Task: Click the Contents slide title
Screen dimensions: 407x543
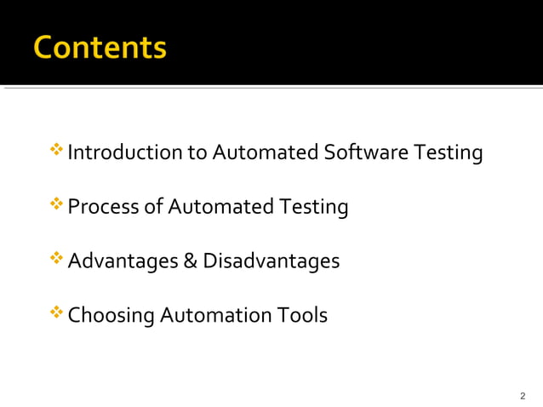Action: [100, 47]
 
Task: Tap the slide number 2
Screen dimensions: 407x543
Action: [523, 396]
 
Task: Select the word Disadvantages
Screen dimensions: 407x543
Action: [271, 261]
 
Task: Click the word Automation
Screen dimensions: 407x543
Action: [216, 315]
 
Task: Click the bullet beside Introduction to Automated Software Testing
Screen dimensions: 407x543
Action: [57, 152]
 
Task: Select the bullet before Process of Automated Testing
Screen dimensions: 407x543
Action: [57, 205]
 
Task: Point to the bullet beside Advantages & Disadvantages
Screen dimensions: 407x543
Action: [57, 259]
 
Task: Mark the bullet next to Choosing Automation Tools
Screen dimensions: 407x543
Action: [57, 313]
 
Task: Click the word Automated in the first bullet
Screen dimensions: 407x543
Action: [265, 153]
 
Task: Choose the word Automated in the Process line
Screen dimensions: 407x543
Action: [220, 207]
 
